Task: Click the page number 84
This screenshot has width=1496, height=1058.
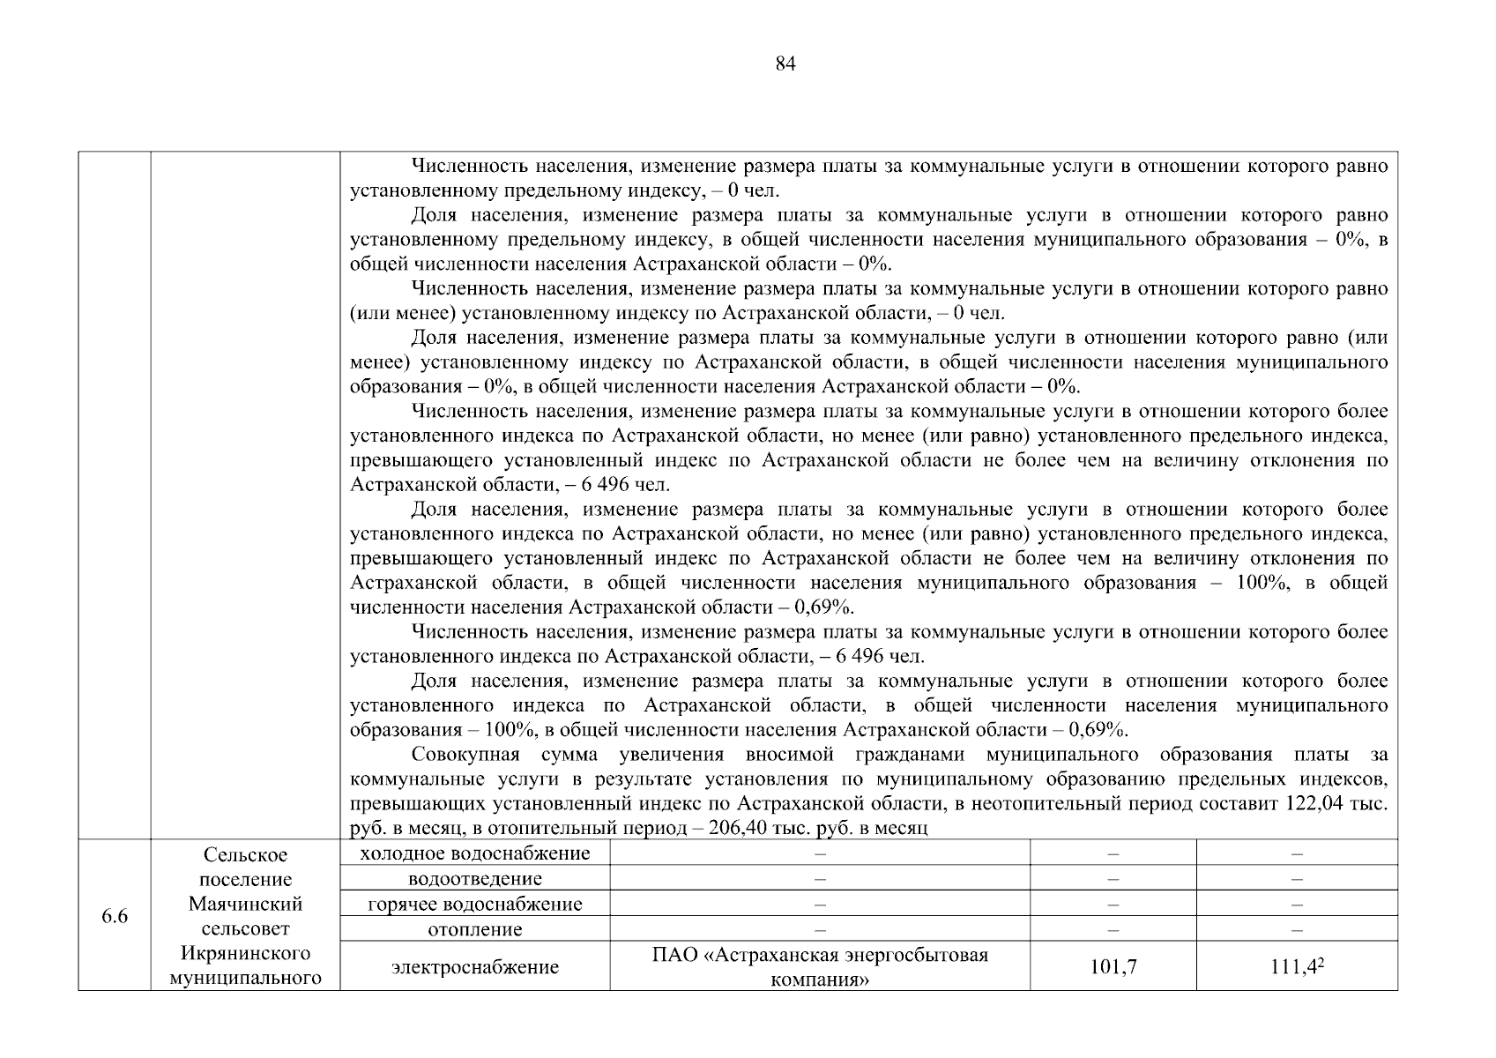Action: pyautogui.click(x=785, y=63)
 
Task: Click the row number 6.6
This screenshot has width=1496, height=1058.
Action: pyautogui.click(x=115, y=917)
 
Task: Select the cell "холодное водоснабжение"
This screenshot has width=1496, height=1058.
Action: pyautogui.click(x=475, y=853)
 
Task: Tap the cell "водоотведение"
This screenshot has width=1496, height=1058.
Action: pyautogui.click(x=475, y=879)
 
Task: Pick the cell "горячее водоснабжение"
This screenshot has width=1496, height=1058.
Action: pyautogui.click(x=475, y=905)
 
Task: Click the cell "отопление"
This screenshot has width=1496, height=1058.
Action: pyautogui.click(x=475, y=929)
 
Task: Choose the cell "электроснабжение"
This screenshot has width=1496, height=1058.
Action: pyautogui.click(x=475, y=967)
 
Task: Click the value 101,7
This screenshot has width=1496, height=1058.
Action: pyautogui.click(x=1113, y=967)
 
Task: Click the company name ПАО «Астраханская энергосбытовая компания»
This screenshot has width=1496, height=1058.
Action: pyautogui.click(x=820, y=967)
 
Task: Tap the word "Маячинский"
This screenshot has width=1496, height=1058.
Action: pyautogui.click(x=245, y=905)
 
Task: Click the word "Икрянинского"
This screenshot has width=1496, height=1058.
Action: pyautogui.click(x=245, y=954)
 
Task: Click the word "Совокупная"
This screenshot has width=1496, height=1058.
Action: pyautogui.click(x=465, y=755)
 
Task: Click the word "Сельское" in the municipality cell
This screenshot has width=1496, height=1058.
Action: pyautogui.click(x=245, y=855)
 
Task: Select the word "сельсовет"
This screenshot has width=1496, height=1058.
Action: pyautogui.click(x=245, y=929)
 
